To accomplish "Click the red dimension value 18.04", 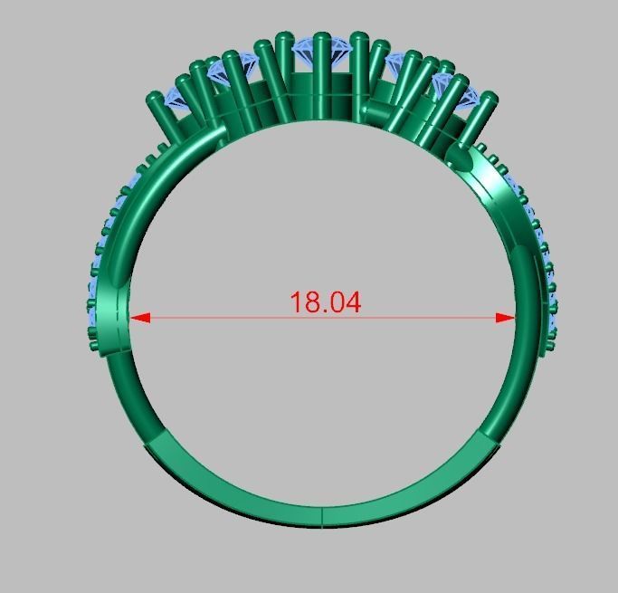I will tap(325, 302).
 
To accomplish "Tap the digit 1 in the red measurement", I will tap(296, 302).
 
